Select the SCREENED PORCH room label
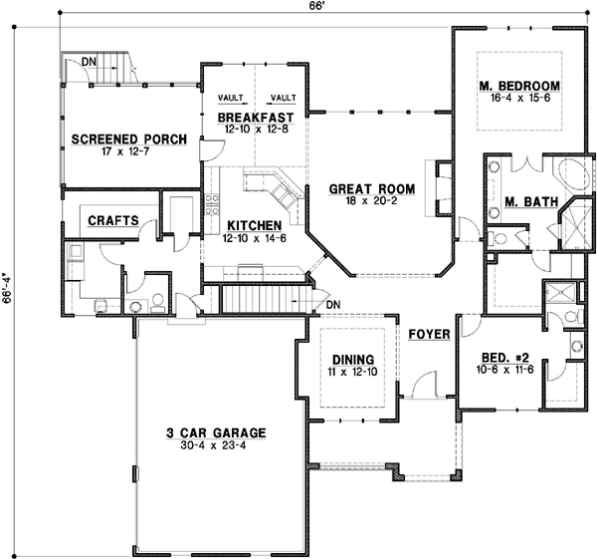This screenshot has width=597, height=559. click(128, 140)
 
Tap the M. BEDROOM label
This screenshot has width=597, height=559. click(518, 85)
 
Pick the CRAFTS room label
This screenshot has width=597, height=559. click(113, 221)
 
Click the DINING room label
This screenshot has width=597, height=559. click(353, 359)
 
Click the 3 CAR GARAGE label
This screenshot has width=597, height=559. click(215, 433)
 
